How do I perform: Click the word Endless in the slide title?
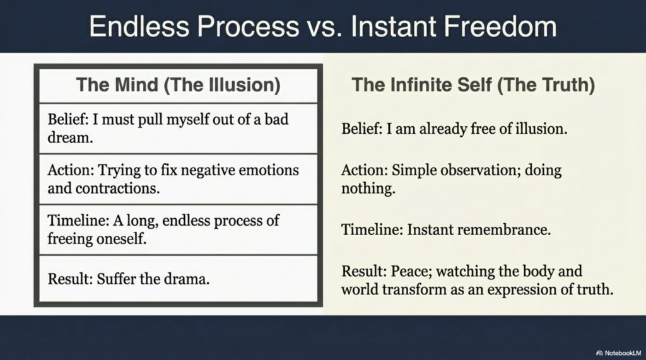138,26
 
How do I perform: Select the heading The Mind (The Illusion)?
179,85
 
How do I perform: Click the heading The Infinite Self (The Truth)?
473,85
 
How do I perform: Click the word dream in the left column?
70,137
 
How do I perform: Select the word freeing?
70,239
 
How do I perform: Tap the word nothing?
368,189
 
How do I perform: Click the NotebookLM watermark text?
623,353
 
